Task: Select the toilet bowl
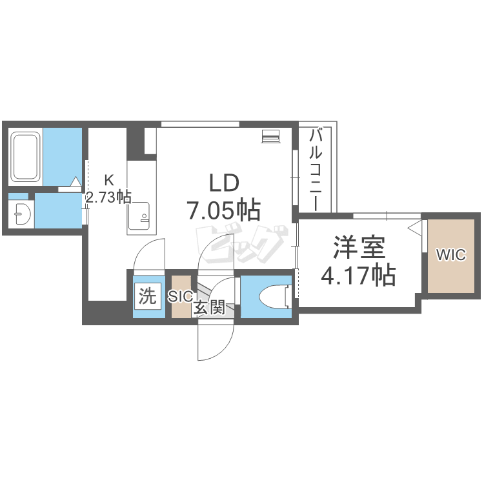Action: click(x=275, y=297)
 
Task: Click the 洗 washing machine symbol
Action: click(x=147, y=296)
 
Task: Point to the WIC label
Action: click(x=450, y=255)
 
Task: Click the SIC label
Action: click(x=181, y=297)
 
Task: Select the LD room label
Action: click(x=225, y=183)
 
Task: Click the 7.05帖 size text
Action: click(x=224, y=210)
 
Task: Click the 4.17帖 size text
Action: click(x=358, y=274)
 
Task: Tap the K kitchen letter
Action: click(x=109, y=180)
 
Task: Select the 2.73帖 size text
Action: click(x=108, y=197)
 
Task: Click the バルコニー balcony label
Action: click(x=316, y=170)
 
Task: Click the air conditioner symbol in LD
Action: click(x=270, y=136)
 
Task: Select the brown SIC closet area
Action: click(x=181, y=296)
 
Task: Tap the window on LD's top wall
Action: click(x=200, y=124)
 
